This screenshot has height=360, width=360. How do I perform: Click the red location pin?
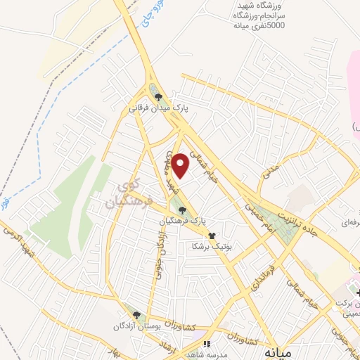[x=181, y=165]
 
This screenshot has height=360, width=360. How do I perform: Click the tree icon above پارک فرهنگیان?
[x=183, y=210]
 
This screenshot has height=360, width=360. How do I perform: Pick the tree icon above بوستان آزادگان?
[x=136, y=316]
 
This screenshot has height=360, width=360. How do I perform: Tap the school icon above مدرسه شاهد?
[x=207, y=345]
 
